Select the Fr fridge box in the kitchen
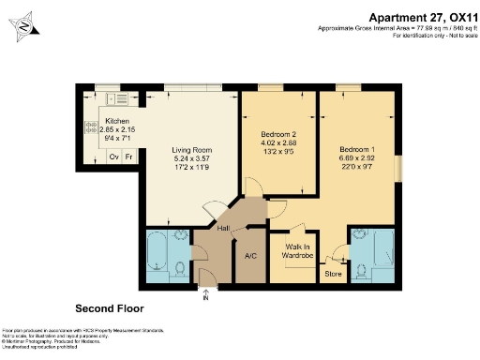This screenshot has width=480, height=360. point(129,156)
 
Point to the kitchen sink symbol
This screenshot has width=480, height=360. point(118,98)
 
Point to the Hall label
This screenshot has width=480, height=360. point(224,228)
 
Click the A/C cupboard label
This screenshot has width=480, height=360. point(250,255)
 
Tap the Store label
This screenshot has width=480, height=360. point(333,274)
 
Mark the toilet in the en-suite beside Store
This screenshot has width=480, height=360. point(358,271)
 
